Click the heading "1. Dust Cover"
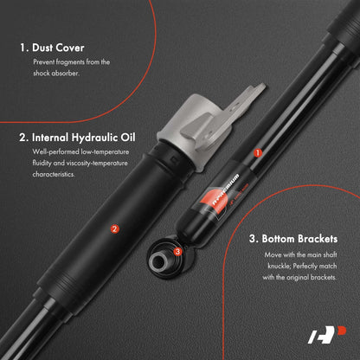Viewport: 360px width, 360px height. pos(52,48)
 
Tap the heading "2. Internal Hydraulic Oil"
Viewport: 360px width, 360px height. pos(77,138)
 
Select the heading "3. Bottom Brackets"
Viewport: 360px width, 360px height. pos(293,239)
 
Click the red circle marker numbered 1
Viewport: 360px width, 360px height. pos(258,153)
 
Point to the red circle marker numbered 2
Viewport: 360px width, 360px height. pos(115,229)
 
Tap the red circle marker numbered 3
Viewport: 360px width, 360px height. pos(177,252)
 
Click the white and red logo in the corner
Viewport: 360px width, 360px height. pos(327,335)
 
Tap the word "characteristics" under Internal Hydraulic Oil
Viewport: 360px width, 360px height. pos(54,174)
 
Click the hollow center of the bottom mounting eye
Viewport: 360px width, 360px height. pos(158,261)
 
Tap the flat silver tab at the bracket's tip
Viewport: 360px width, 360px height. pos(254,93)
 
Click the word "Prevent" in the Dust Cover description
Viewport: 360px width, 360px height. pos(43,62)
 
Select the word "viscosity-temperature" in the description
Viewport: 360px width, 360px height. pos(97,164)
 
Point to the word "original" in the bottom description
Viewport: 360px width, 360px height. pos(298,278)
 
